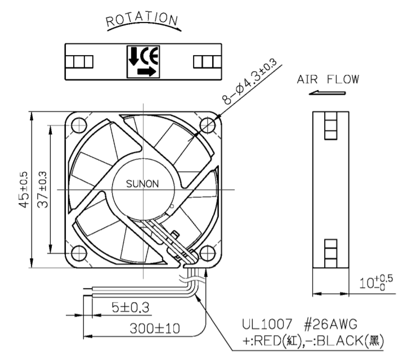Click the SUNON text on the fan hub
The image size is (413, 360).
142,183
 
